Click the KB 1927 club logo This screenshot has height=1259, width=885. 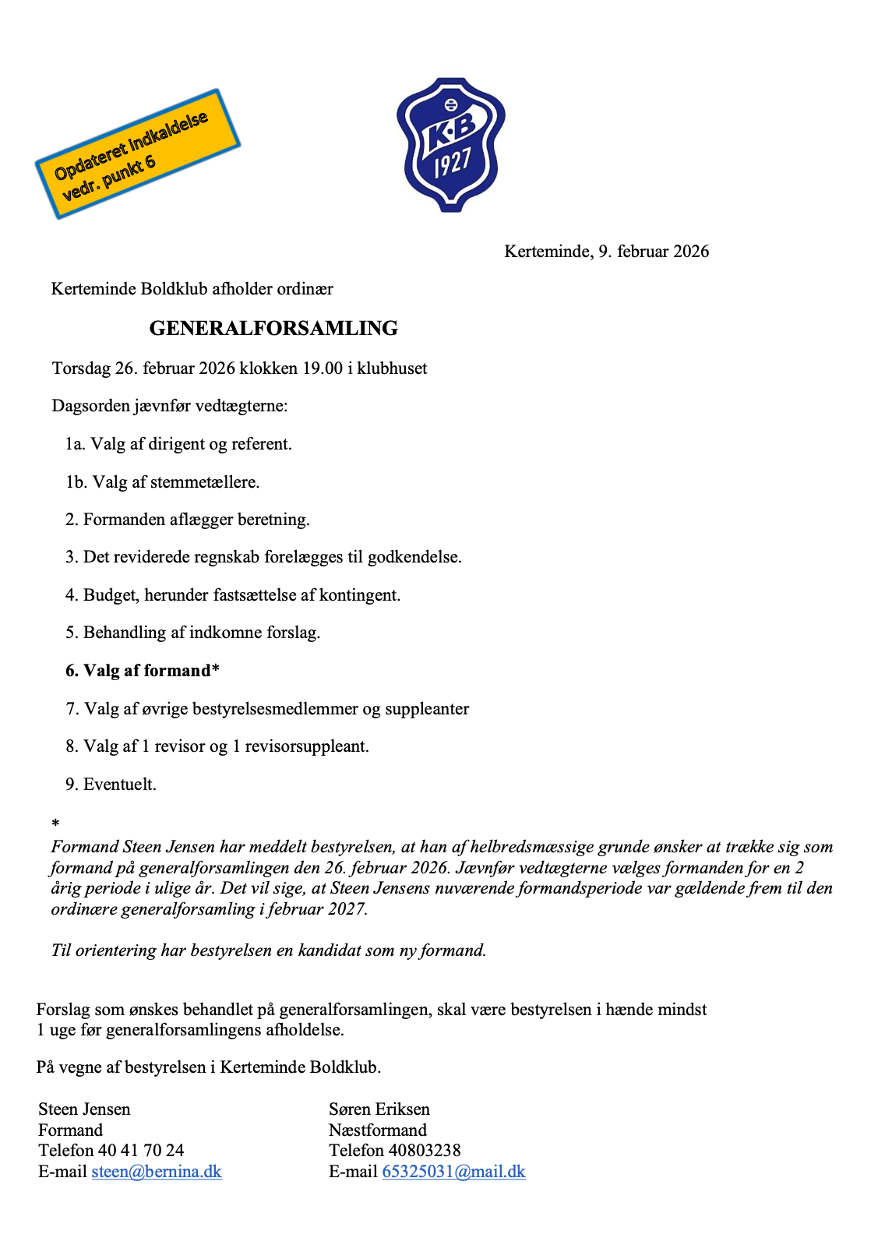[x=450, y=144]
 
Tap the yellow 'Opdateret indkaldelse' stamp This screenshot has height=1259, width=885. [x=137, y=153]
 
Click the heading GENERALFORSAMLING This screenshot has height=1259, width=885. [x=273, y=328]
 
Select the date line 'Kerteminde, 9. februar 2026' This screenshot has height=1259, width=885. [x=606, y=251]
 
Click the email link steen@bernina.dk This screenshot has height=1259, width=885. [x=157, y=1171]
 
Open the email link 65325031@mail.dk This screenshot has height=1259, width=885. [x=453, y=1171]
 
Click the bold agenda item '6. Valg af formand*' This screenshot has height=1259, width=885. [x=143, y=671]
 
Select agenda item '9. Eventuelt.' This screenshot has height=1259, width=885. [x=111, y=784]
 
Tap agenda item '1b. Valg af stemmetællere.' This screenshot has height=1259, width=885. [x=162, y=482]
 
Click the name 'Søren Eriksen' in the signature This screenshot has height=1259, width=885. [x=379, y=1109]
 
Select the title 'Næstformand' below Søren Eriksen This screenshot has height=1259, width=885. [x=378, y=1130]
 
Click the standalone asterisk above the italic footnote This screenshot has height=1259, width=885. [x=55, y=823]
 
